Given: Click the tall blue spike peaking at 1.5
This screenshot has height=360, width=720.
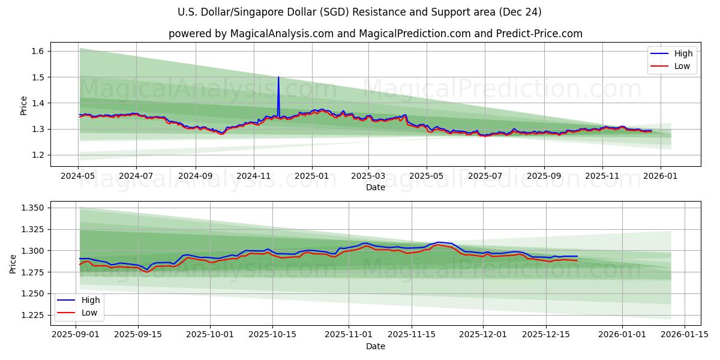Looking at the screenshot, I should pos(278,78).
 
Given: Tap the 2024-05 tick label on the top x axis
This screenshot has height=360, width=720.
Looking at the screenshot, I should pos(78,176).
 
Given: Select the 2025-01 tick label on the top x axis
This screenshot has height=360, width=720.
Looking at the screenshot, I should pos(311,176).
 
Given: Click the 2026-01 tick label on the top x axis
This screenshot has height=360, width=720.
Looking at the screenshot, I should pos(661,176).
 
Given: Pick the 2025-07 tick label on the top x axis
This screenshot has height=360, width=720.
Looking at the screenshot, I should pos(484,176).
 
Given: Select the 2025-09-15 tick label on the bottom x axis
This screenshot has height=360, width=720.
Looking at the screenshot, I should pos(138,334).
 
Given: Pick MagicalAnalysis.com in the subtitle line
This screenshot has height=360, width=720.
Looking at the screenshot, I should pos(281,34).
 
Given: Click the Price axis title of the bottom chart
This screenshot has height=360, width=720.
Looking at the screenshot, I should pos(13,263).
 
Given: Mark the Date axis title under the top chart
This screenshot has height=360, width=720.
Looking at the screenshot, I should pos(376,187).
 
